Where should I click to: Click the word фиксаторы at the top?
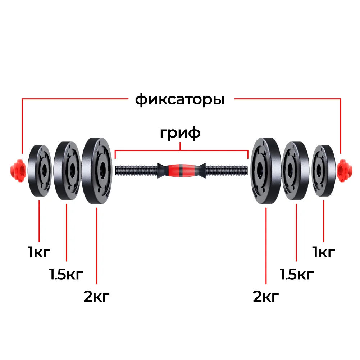pos(180,100)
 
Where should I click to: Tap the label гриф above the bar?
pos(180,133)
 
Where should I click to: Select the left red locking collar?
pos(18,171)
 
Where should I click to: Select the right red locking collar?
pos(345,171)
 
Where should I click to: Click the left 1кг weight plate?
pos(40,171)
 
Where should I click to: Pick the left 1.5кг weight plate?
pos(67,171)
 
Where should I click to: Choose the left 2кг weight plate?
pos(97,171)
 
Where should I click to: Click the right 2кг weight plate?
pos(266,171)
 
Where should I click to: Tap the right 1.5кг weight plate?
pos(296,171)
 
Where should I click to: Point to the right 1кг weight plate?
pos(324,171)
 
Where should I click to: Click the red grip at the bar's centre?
pos(181,170)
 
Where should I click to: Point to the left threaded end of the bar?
pos(136,170)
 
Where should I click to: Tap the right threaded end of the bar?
pos(227,170)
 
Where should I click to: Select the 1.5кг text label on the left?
pos(66,274)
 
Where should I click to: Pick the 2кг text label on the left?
pos(97,296)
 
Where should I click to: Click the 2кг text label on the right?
pos(266,296)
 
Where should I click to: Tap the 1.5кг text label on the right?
pos(297,274)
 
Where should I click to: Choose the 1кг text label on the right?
pos(323,252)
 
